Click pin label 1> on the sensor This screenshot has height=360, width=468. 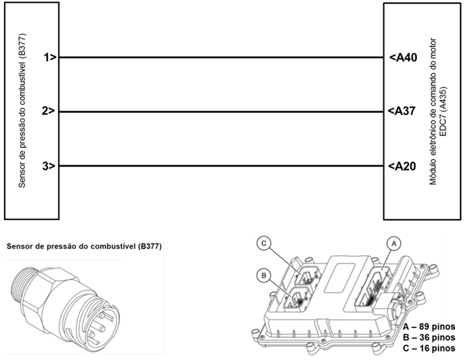point(48,58)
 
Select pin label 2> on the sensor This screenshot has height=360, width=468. point(48,112)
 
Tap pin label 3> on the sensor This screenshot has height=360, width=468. point(48,166)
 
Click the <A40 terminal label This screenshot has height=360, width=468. point(403,58)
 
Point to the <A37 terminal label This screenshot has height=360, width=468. point(403,112)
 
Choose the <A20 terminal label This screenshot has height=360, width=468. point(403,166)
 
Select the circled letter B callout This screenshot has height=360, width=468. point(264,275)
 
